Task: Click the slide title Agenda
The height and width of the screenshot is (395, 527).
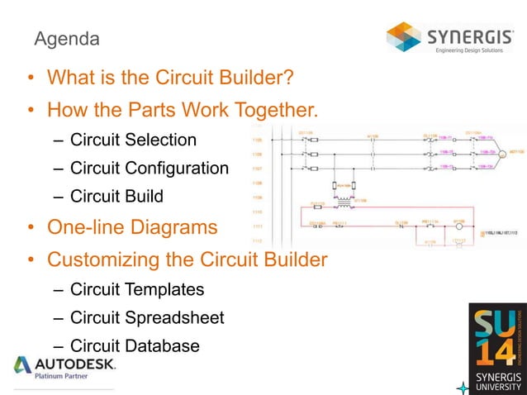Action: click(x=66, y=39)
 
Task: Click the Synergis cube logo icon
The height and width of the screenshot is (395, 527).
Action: click(x=405, y=36)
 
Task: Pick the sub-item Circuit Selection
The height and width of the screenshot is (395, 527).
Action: click(x=133, y=139)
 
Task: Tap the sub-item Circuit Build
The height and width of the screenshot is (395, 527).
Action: click(x=116, y=197)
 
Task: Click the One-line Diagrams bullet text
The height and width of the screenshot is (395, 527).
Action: click(x=132, y=227)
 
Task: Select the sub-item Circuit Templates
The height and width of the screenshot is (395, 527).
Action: click(x=136, y=289)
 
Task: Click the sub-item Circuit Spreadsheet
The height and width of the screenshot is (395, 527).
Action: click(x=146, y=317)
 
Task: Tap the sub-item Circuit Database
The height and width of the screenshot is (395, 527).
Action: click(x=135, y=345)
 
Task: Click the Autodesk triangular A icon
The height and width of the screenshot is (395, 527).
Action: click(x=23, y=364)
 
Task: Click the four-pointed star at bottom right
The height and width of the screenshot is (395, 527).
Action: click(x=463, y=387)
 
